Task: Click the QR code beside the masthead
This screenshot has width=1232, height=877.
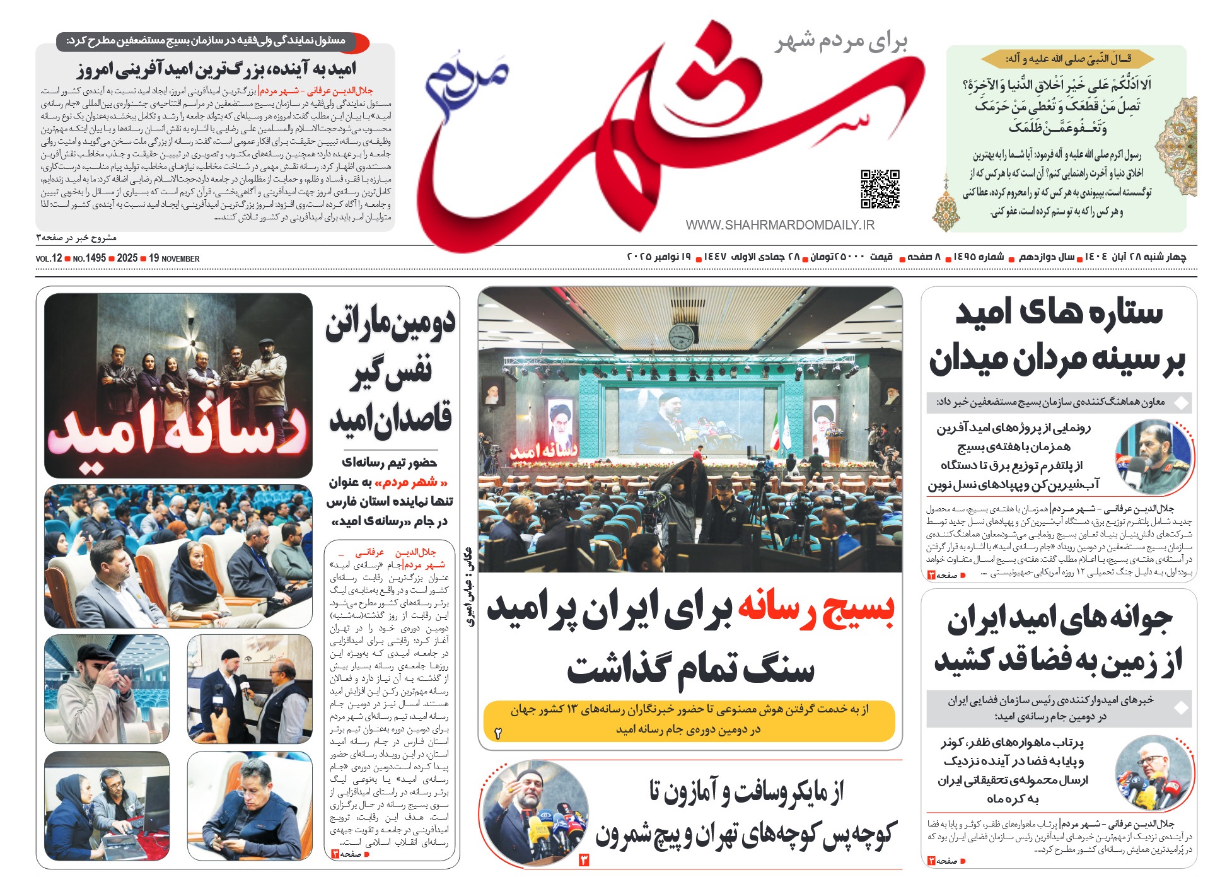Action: (880, 189)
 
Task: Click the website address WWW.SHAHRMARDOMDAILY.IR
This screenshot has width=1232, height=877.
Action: (780, 225)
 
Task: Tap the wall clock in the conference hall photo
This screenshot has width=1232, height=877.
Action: (681, 335)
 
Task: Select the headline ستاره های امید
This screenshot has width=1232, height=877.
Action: (1059, 313)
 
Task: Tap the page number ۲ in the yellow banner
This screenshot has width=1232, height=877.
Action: (498, 734)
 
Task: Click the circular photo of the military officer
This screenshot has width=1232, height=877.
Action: (1153, 456)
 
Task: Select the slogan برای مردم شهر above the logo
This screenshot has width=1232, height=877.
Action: (842, 41)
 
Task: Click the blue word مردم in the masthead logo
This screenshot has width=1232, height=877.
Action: (467, 85)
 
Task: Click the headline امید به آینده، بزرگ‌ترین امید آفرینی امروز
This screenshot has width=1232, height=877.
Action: (216, 69)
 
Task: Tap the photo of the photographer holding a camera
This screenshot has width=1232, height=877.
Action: (107, 688)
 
